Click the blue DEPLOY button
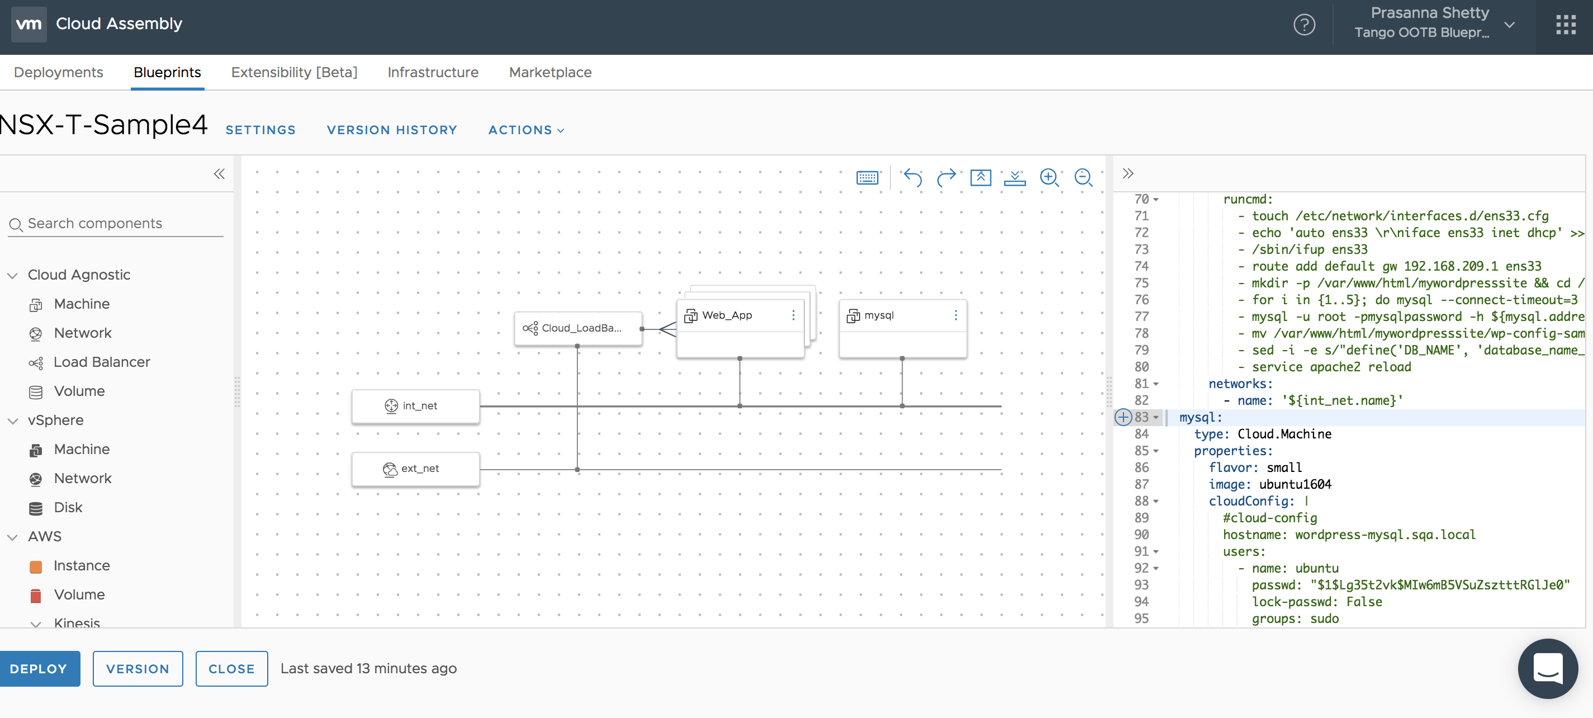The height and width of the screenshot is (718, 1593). pos(39,669)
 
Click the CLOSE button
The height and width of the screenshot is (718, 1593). pos(231,669)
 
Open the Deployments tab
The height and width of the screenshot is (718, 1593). pos(58,72)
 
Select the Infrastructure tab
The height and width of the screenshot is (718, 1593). pos(433,72)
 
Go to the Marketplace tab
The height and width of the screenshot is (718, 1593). pos(550,72)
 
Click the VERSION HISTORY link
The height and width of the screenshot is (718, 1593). pos(392,130)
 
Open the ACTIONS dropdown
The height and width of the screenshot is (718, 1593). pos(525,130)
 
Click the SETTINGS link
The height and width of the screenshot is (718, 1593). pos(260,130)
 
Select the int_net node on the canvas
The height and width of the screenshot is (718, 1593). pos(415,405)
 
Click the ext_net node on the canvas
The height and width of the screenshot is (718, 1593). pos(415,469)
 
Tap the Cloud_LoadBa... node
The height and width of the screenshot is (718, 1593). pos(577,328)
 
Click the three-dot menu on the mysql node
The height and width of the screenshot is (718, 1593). pos(955,315)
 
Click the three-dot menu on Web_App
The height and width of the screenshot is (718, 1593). pos(793,315)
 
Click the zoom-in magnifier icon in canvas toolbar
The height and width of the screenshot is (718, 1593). pos(1049,177)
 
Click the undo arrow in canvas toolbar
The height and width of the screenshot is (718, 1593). pos(912,177)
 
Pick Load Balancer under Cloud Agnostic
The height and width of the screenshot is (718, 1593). pos(101,362)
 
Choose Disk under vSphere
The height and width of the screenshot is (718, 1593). pos(68,507)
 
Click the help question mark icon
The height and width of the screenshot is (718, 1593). pos(1304,25)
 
